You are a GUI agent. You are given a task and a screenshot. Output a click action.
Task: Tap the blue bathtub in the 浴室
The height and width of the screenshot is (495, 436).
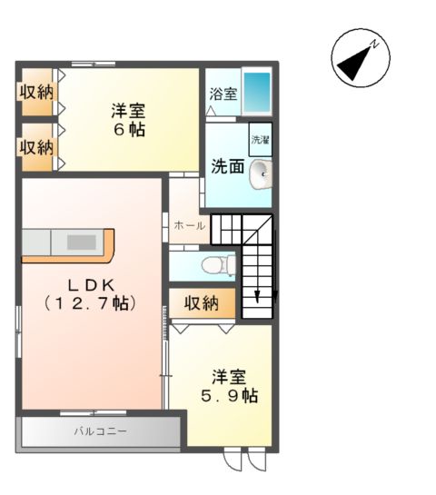[258, 91]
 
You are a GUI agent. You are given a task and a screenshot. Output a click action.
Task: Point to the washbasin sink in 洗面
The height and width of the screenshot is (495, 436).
[260, 173]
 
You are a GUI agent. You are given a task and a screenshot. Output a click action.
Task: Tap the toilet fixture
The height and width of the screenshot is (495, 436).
[216, 265]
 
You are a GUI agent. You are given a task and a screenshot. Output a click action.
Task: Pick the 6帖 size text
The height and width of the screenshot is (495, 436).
[129, 130]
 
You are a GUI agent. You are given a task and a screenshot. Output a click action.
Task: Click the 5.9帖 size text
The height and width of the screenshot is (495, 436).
[229, 396]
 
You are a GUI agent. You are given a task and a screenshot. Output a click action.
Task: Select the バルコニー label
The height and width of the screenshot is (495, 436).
[100, 431]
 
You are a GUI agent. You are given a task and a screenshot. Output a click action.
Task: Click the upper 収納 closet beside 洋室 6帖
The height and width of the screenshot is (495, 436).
[37, 92]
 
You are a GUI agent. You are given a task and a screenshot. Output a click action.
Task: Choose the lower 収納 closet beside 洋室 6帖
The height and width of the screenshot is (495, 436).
[37, 146]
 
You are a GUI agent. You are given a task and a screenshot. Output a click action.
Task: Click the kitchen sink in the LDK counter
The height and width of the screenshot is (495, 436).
[82, 243]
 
